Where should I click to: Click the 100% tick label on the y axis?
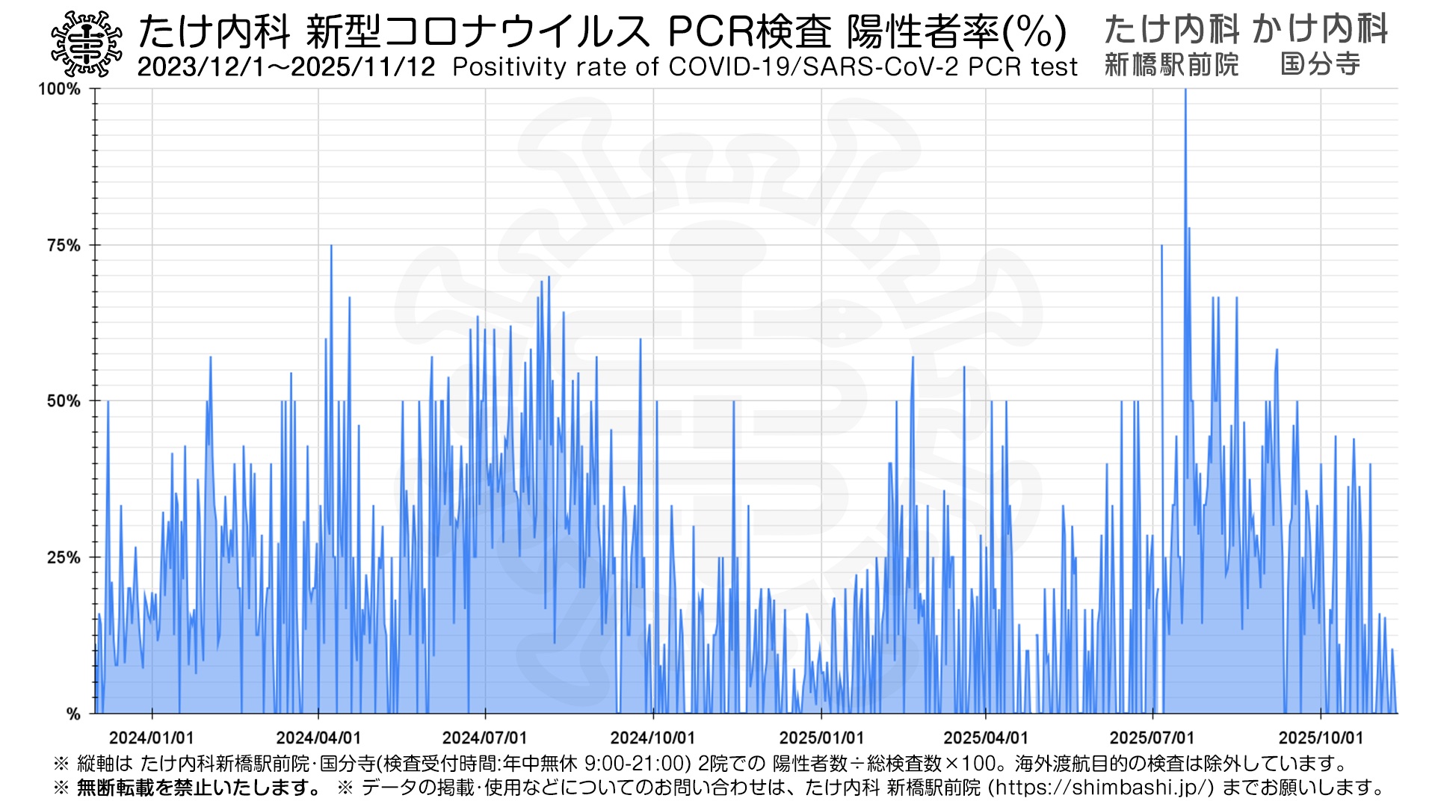pyautogui.click(x=59, y=89)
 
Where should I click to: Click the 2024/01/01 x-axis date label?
pyautogui.click(x=152, y=738)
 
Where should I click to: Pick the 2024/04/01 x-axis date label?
pyautogui.click(x=318, y=738)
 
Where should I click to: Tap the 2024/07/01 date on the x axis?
pyautogui.click(x=485, y=738)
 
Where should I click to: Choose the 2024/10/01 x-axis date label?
pyautogui.click(x=653, y=738)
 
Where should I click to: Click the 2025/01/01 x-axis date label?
pyautogui.click(x=821, y=738)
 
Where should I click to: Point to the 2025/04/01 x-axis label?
pyautogui.click(x=986, y=738)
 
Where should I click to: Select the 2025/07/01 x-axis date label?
pyautogui.click(x=1152, y=738)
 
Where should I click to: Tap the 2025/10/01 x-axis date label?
pyautogui.click(x=1321, y=738)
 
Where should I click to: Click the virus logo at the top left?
pyautogui.click(x=86, y=44)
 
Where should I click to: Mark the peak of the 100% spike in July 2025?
pyautogui.click(x=1185, y=90)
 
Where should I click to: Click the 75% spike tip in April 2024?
pyautogui.click(x=331, y=246)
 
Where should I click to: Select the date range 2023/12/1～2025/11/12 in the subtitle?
pyautogui.click(x=286, y=67)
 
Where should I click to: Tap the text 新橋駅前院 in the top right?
pyautogui.click(x=1171, y=65)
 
